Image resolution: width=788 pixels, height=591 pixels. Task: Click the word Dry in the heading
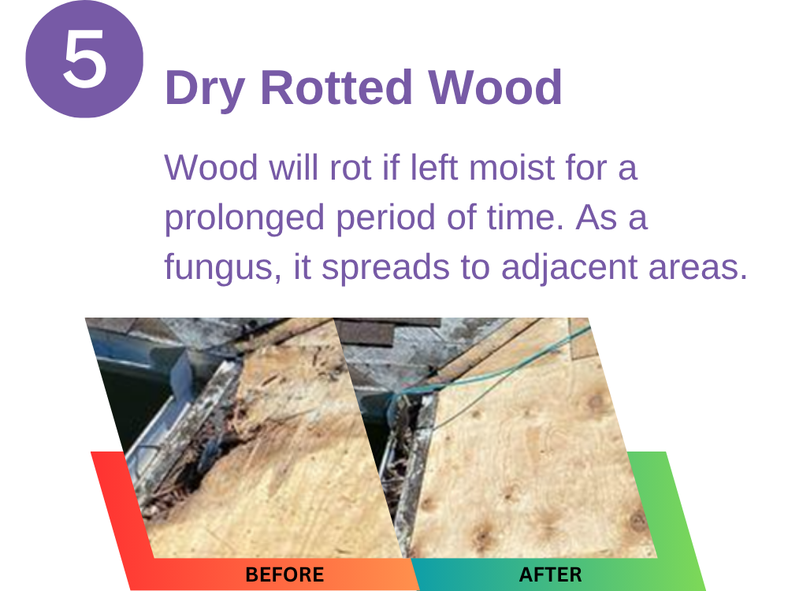pos(205,88)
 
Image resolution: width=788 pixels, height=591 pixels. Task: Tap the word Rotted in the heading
pos(336,87)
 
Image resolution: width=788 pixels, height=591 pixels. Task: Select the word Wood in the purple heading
pos(495,87)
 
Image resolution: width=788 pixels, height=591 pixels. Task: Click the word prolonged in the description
pos(244,218)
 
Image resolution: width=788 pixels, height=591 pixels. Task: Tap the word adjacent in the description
pos(570,267)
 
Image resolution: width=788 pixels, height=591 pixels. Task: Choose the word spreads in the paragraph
pos(385,267)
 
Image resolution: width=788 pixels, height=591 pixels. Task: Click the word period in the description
pos(385,218)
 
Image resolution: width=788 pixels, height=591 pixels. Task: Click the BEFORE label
pos(284,574)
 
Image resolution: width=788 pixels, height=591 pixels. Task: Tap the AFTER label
pos(550,574)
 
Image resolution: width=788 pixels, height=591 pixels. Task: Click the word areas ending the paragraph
pos(697,267)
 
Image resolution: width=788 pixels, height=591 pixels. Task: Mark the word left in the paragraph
pos(434,167)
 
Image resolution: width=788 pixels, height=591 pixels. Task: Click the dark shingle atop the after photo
pos(364,332)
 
